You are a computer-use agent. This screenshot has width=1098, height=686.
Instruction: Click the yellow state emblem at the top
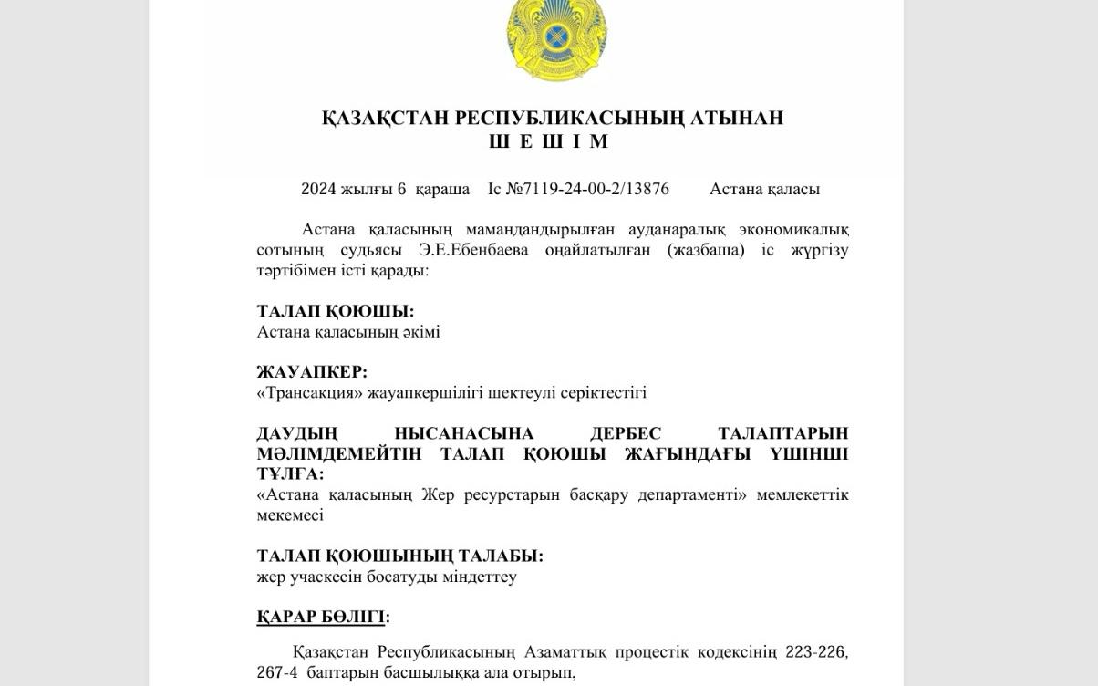(x=556, y=38)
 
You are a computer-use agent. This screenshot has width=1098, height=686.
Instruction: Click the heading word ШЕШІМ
(x=549, y=141)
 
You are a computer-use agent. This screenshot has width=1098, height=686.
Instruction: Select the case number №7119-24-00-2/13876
(x=587, y=189)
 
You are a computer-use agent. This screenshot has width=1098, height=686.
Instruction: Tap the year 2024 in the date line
(x=318, y=189)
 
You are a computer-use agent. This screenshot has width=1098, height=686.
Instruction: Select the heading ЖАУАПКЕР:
(x=312, y=372)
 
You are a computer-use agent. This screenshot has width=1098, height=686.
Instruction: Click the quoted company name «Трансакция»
(x=309, y=392)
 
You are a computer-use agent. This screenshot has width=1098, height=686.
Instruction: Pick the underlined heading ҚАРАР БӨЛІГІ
(x=320, y=617)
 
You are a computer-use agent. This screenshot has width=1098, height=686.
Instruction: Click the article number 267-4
(x=276, y=673)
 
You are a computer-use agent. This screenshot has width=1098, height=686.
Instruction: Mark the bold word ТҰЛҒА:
(x=290, y=474)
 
